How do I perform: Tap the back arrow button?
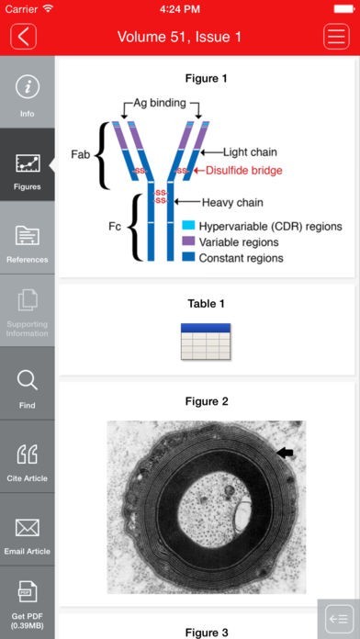pyautogui.click(x=23, y=37)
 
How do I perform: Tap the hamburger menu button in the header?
pyautogui.click(x=336, y=37)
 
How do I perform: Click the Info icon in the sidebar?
pyautogui.click(x=28, y=87)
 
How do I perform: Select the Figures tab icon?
pyautogui.click(x=28, y=163)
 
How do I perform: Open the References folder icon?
pyautogui.click(x=28, y=235)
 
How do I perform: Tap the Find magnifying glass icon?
pyautogui.click(x=28, y=381)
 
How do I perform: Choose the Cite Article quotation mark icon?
pyautogui.click(x=28, y=454)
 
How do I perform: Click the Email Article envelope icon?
pyautogui.click(x=28, y=527)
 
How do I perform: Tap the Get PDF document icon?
pyautogui.click(x=28, y=592)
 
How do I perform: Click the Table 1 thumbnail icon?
pyautogui.click(x=206, y=342)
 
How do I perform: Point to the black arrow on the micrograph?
pyautogui.click(x=285, y=453)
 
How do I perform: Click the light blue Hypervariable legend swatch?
pyautogui.click(x=188, y=226)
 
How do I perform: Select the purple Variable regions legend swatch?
pyautogui.click(x=188, y=241)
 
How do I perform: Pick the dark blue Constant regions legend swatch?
pyautogui.click(x=188, y=258)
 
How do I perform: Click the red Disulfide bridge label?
pyautogui.click(x=243, y=171)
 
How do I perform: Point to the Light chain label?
pyautogui.click(x=250, y=152)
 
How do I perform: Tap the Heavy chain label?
pyautogui.click(x=232, y=202)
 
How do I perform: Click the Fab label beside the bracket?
pyautogui.click(x=80, y=155)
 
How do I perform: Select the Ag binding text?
pyautogui.click(x=160, y=104)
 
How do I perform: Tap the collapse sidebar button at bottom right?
pyautogui.click(x=338, y=619)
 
